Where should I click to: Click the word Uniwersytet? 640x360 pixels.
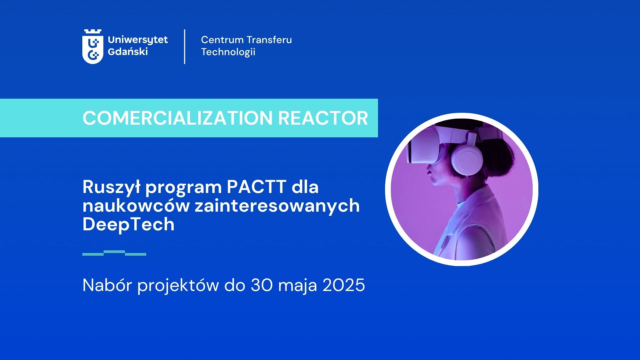tap(138, 40)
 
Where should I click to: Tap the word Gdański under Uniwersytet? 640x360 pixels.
tap(128, 52)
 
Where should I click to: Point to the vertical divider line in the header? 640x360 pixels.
tap(185, 46)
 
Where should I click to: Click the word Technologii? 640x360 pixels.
tap(228, 52)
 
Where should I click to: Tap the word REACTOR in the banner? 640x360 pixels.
tap(323, 118)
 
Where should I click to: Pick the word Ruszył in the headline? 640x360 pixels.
tap(112, 187)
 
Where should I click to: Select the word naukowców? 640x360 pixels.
tap(136, 206)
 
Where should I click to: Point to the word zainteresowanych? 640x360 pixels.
tap(277, 206)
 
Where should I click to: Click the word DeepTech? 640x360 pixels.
tap(128, 225)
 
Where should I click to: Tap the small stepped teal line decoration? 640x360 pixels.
tap(114, 253)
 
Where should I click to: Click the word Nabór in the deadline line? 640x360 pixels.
tap(107, 285)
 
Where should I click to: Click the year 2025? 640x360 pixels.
tap(344, 285)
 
